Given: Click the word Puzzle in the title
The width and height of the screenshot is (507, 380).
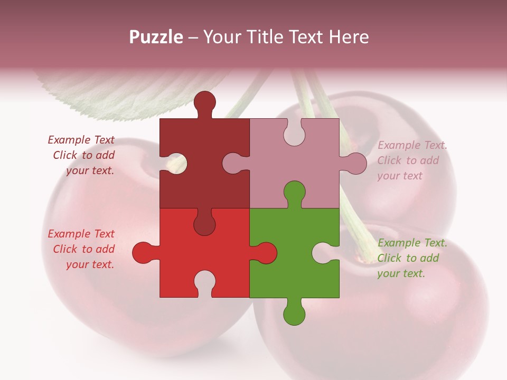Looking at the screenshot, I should pyautogui.click(x=156, y=37).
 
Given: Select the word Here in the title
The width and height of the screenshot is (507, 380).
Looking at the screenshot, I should pyautogui.click(x=349, y=37).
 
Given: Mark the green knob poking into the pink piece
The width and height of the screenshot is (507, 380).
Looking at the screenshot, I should pyautogui.click(x=294, y=193).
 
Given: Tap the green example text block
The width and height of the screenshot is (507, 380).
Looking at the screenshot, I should pyautogui.click(x=411, y=258).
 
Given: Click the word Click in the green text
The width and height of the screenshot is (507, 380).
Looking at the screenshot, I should pyautogui.click(x=389, y=258).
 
